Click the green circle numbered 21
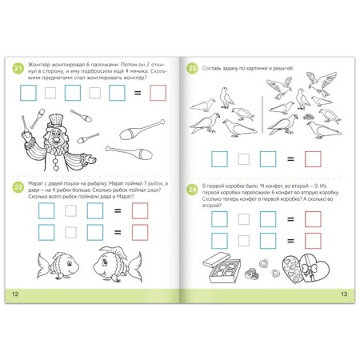17,69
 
